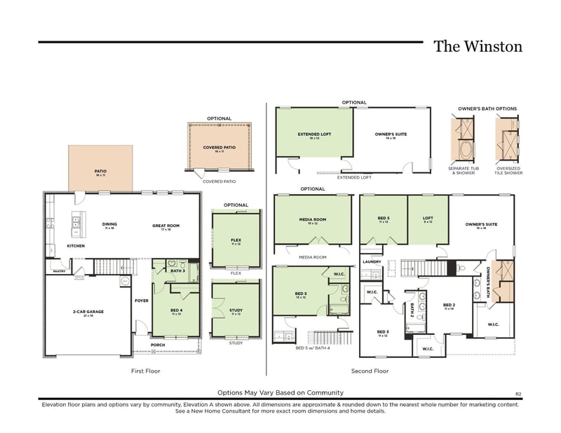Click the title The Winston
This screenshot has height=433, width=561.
(x=478, y=47)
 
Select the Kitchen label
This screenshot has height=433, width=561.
(x=76, y=247)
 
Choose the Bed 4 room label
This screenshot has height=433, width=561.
(x=177, y=310)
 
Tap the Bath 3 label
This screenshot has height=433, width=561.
(x=177, y=270)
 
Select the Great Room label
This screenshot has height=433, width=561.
(x=166, y=226)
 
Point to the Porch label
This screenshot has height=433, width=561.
(x=158, y=345)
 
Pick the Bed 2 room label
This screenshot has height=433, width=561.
(x=450, y=306)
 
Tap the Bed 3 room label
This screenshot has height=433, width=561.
(x=383, y=333)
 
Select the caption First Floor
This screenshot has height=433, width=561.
(x=146, y=371)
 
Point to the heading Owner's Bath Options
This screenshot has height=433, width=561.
(x=487, y=109)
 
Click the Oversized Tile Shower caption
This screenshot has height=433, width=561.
(x=509, y=170)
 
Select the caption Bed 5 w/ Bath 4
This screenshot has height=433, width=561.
(x=312, y=348)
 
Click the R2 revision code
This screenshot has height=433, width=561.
(x=518, y=394)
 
